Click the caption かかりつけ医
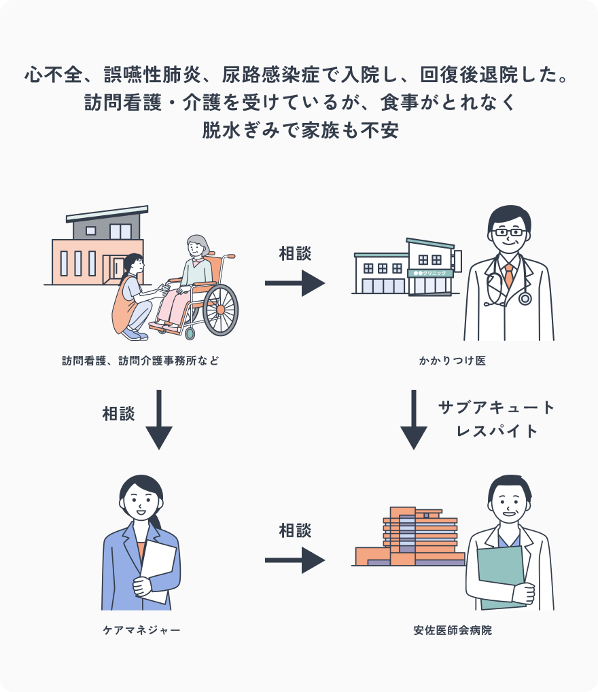pos(452,361)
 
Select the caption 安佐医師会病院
pos(452,630)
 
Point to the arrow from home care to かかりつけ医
pos(295,283)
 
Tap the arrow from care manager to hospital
pos(295,560)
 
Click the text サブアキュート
pos(497,407)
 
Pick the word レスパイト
pos(497,431)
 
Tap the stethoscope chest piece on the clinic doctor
pos(525,298)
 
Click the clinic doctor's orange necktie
pos(508,275)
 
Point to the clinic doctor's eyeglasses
pos(510,232)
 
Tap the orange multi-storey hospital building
pos(415,536)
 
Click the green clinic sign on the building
pos(426,273)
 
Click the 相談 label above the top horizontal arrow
pos(295,253)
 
